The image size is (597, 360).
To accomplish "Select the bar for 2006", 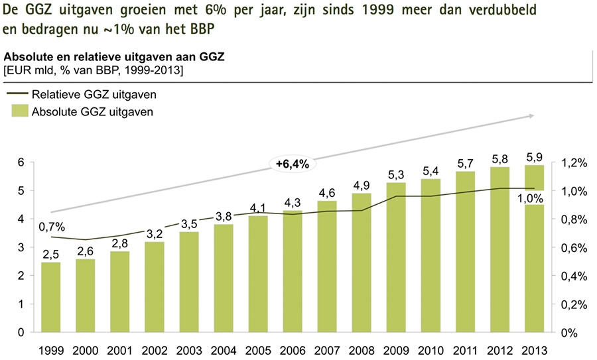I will click(x=293, y=271).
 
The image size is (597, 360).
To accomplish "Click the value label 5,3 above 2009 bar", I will click(x=396, y=175).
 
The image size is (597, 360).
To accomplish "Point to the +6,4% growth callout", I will click(x=293, y=164).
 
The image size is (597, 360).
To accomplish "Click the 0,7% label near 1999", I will click(x=51, y=227).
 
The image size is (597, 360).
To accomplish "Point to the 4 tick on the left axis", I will click(x=21, y=219).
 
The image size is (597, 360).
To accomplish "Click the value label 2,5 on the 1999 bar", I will click(x=51, y=254).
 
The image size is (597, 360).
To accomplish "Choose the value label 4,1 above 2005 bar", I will click(x=258, y=208).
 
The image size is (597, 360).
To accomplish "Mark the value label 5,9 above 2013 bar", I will click(x=534, y=157).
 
